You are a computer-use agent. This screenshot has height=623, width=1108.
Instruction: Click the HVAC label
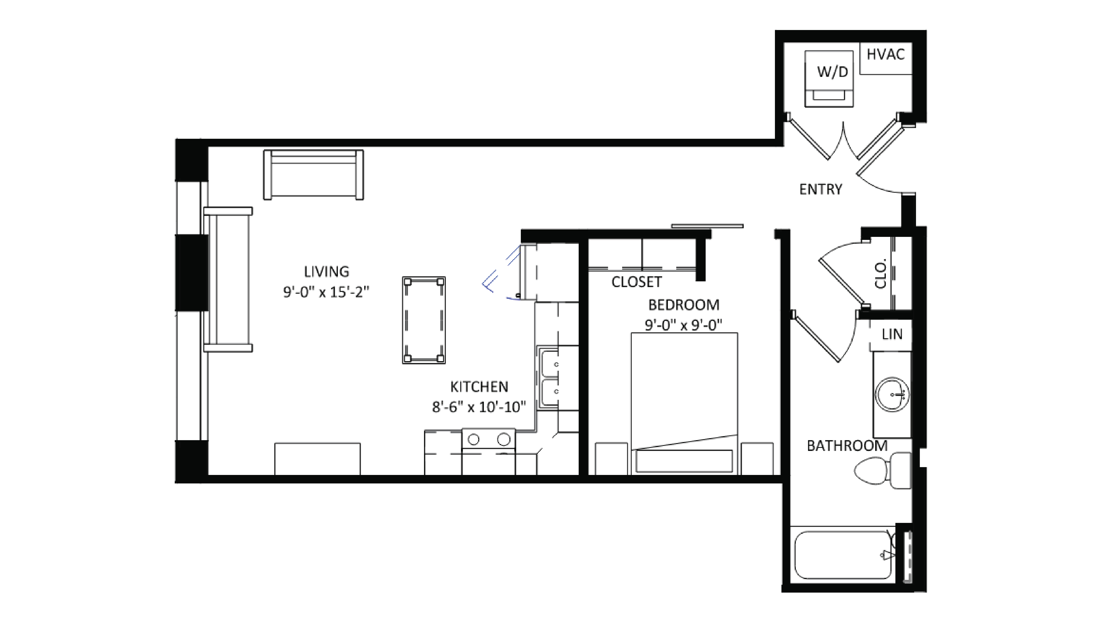pos(885,55)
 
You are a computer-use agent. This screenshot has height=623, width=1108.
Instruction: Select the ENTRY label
pos(820,189)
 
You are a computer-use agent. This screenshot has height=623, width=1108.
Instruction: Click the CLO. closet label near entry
pos(880,273)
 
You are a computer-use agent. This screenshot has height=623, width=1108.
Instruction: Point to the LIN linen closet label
pos(892,334)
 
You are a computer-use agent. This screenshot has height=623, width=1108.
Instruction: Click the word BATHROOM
pos(846,446)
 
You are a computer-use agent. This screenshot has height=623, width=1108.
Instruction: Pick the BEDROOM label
pos(683,305)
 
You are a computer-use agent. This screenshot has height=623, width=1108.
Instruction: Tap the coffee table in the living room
pos(424,320)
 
